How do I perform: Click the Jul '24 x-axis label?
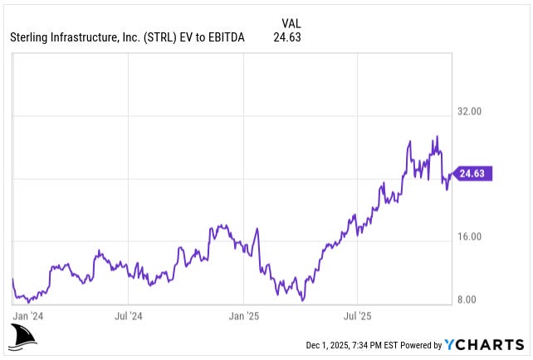pos(130,316)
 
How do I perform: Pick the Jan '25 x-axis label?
pos(244,316)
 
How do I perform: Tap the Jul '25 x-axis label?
pos(357,316)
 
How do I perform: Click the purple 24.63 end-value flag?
pos(474,173)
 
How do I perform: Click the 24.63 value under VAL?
pos(286,36)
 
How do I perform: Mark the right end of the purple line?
pos(453,173)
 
